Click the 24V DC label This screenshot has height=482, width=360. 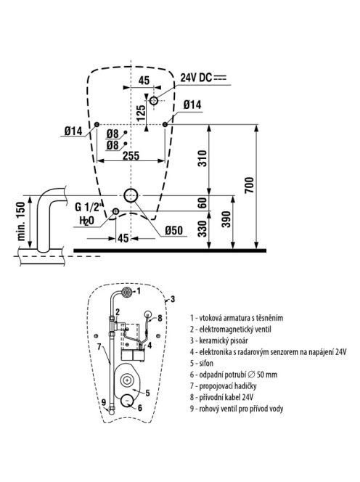point(196,78)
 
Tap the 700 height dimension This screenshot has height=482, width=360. point(250,185)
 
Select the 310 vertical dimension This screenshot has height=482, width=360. point(202,158)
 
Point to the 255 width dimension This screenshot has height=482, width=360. point(131,155)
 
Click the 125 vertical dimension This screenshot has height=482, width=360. point(141,113)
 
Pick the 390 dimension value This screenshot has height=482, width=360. point(226,219)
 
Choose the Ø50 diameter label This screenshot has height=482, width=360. point(173,230)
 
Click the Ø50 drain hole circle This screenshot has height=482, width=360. point(131,195)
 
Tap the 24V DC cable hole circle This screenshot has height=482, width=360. point(154,100)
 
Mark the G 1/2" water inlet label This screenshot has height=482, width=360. point(88,207)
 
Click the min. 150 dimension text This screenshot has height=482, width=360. point(21,221)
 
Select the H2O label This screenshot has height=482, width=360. point(86,221)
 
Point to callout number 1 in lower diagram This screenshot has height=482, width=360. point(139,290)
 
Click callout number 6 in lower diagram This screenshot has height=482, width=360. point(140,408)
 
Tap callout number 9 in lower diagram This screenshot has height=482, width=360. point(104,402)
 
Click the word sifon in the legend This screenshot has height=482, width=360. point(206,363)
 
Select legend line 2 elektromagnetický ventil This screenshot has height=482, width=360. point(231,330)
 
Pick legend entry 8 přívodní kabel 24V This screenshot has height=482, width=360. point(221,397)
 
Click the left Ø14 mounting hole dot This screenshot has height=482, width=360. point(97,124)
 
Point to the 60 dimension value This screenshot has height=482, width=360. point(202,203)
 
